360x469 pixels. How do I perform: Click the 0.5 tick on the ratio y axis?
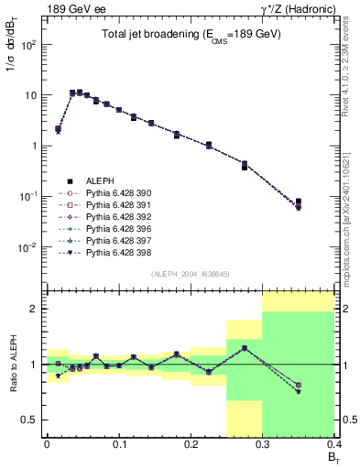click(x=32, y=420)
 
